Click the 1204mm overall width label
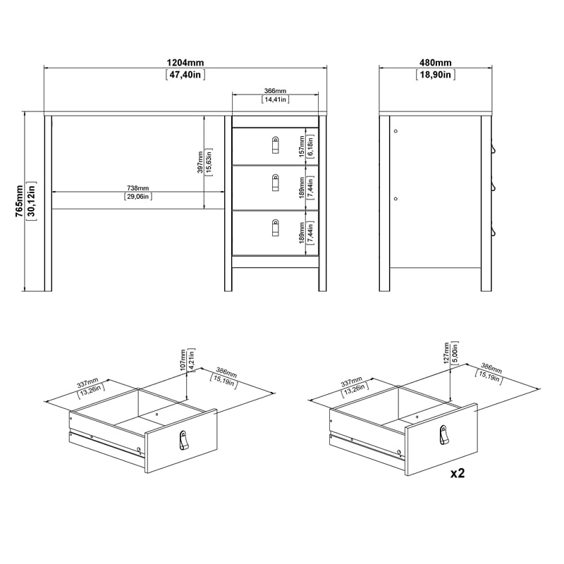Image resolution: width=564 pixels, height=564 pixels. [186, 62]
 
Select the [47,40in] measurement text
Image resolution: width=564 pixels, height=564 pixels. [186, 74]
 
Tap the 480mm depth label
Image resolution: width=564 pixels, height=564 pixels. [434, 62]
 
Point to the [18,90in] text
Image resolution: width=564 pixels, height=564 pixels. [434, 74]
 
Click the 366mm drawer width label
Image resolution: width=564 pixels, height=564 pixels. [275, 91]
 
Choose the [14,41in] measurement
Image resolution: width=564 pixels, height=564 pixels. [275, 100]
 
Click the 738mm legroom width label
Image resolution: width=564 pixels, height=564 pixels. [137, 188]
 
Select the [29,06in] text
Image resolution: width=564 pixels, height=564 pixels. [137, 197]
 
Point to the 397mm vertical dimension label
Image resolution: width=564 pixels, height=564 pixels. [200, 163]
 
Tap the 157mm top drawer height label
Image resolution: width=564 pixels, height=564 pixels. [302, 147]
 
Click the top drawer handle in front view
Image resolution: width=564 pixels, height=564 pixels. [275, 145]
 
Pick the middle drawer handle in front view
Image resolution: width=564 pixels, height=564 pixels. [275, 183]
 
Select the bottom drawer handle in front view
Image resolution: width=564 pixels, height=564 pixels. [275, 228]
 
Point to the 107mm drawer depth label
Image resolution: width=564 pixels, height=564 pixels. [183, 360]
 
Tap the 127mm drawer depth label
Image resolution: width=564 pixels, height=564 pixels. [446, 352]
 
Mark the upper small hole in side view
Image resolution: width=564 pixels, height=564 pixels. [396, 131]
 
